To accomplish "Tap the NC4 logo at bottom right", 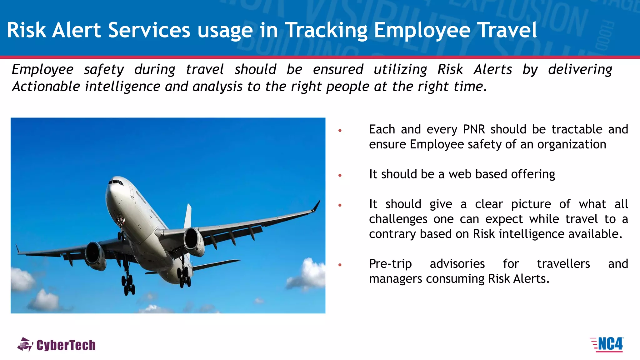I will (x=607, y=345).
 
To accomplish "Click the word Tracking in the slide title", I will (x=326, y=31).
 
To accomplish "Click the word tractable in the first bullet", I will (x=577, y=129).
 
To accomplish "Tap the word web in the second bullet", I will (x=460, y=174).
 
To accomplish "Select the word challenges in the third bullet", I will (x=398, y=219).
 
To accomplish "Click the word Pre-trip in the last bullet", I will (x=390, y=264).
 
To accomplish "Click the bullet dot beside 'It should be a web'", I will (x=340, y=175).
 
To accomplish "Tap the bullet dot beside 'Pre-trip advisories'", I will (x=340, y=265).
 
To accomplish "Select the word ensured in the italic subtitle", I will (x=338, y=69).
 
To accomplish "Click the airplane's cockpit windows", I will (x=115, y=182).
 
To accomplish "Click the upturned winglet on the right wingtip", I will (x=317, y=206).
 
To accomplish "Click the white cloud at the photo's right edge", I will (x=309, y=275).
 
